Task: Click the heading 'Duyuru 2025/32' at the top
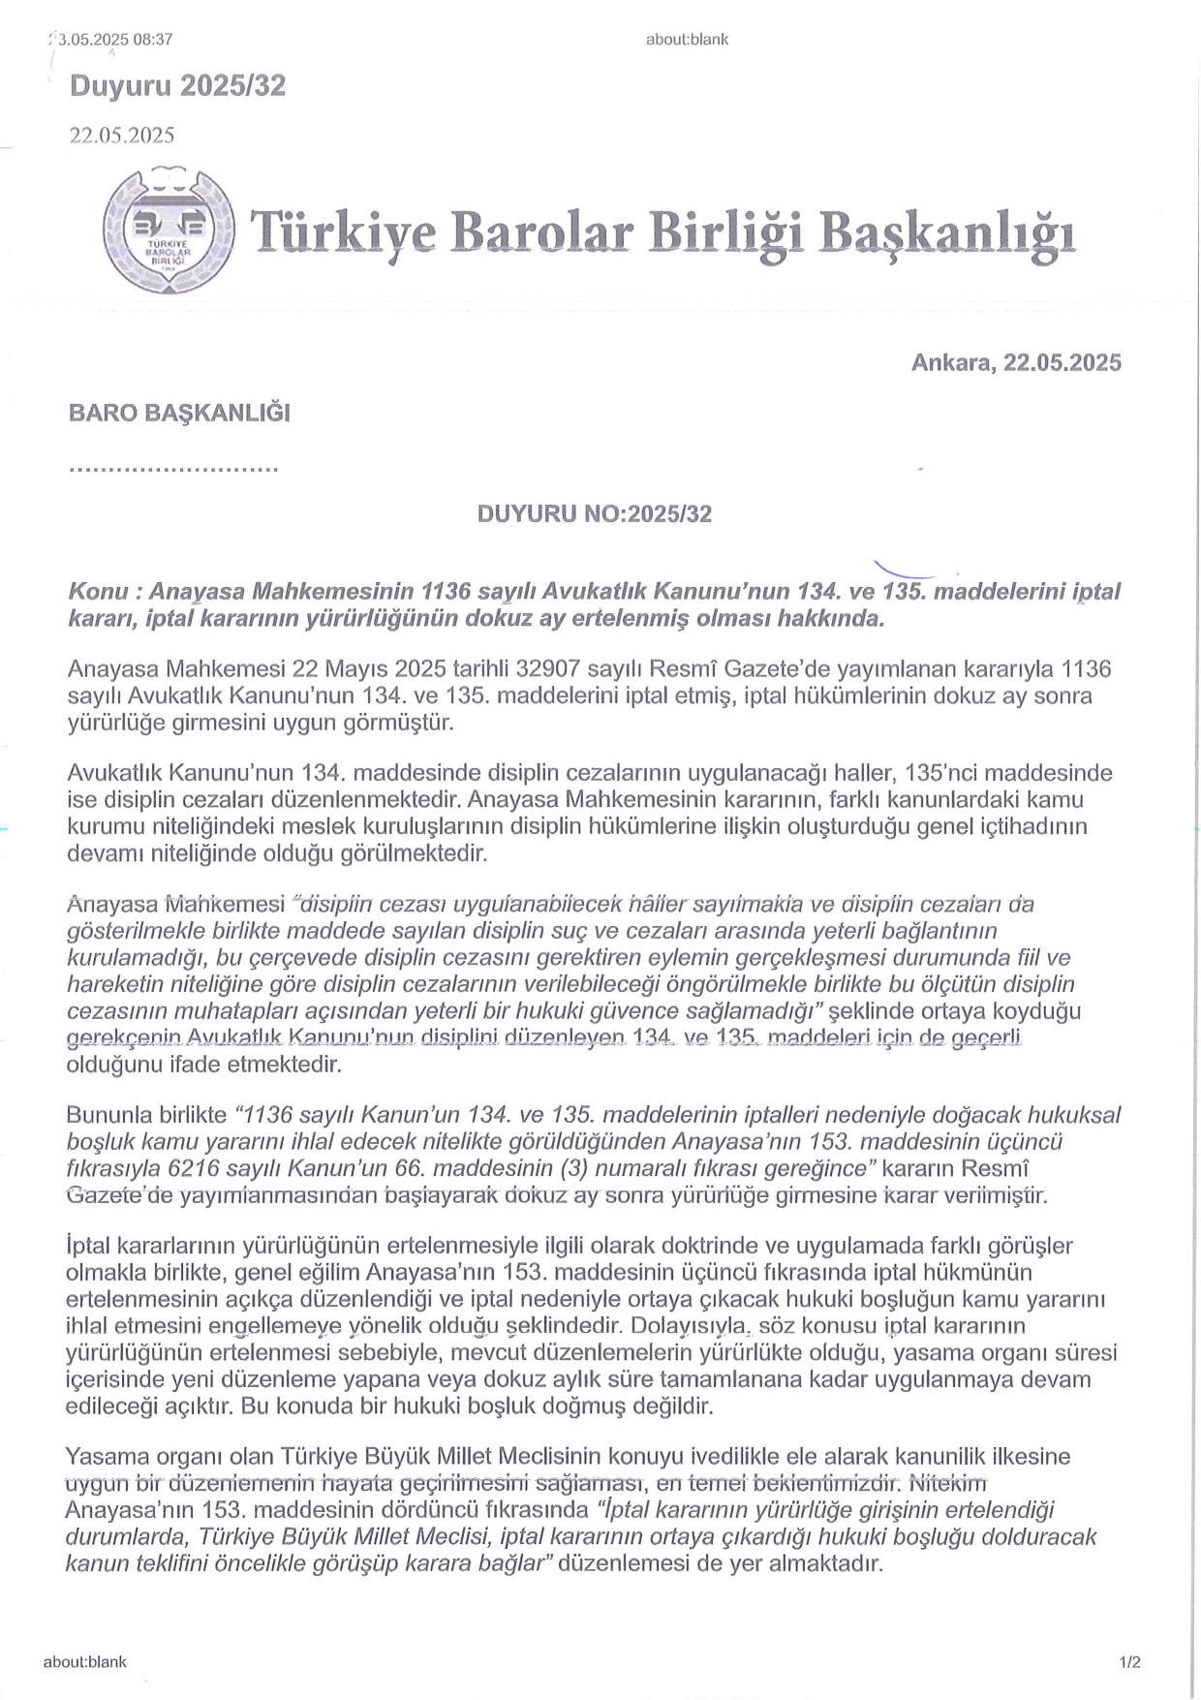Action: [x=177, y=86]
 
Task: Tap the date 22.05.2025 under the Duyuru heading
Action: [x=121, y=135]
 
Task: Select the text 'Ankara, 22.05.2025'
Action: [x=1016, y=363]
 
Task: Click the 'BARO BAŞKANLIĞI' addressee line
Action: [x=179, y=413]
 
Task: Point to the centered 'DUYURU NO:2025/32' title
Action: [x=594, y=514]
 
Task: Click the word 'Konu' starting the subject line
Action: [x=93, y=592]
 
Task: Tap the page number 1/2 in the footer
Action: [x=1129, y=1662]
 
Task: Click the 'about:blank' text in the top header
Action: [x=687, y=40]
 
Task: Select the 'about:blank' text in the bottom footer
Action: [x=85, y=1662]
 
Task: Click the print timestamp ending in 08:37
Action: [x=114, y=40]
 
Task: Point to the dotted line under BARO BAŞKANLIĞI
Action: [x=173, y=469]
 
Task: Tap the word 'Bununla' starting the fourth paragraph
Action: [x=107, y=1116]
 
